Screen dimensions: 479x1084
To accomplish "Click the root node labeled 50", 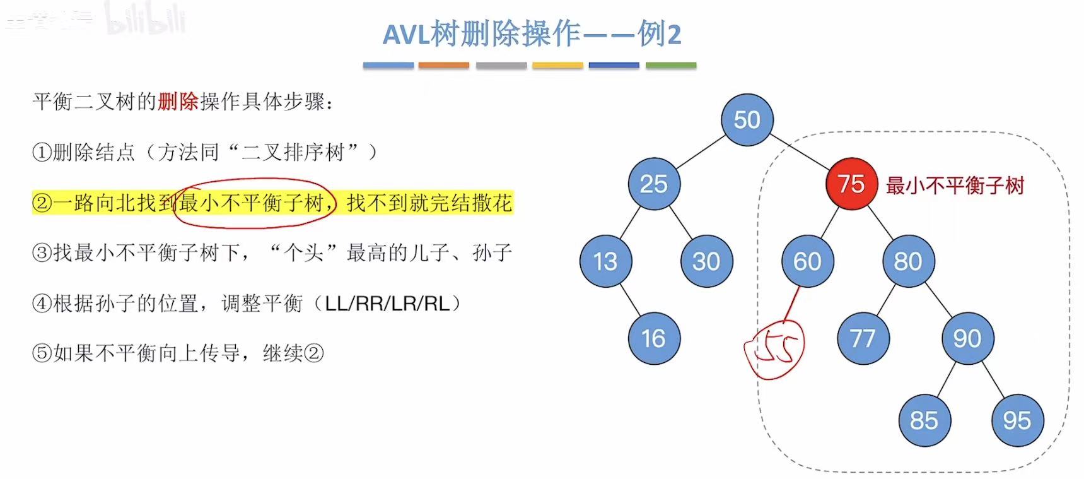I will (x=747, y=120).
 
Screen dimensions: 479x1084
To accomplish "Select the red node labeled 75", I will (x=851, y=184).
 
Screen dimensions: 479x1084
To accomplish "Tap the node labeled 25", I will (x=654, y=184).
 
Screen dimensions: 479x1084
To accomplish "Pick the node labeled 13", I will (x=605, y=261).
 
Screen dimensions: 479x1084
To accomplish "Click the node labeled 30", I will (x=706, y=261).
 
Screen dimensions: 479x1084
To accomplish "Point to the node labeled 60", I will (x=807, y=261).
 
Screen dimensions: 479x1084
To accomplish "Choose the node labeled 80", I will (x=908, y=261).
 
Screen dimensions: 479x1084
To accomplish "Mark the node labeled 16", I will (x=654, y=339).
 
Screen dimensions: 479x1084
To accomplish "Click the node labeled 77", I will (x=863, y=339).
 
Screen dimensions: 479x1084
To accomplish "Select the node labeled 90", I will (x=967, y=339).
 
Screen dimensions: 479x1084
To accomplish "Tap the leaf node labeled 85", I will (x=924, y=420).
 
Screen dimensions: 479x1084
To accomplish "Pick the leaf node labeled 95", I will (x=1017, y=420).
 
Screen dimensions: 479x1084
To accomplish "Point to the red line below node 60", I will (x=792, y=304).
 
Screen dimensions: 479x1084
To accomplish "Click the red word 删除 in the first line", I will (x=178, y=102).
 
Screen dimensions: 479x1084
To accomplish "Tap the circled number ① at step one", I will (x=42, y=152).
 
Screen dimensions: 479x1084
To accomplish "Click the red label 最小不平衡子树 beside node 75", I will (x=955, y=186).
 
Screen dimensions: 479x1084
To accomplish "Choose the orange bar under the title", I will (x=443, y=65).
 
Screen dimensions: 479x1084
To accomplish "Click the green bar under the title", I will (x=671, y=65).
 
